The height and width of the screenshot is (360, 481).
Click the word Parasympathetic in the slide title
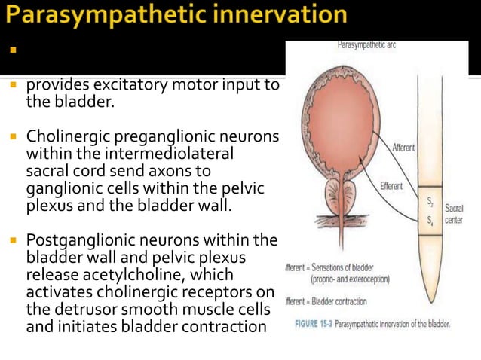click(106, 15)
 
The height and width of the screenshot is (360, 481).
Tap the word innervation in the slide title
click(279, 15)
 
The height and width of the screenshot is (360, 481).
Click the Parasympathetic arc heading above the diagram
click(366, 45)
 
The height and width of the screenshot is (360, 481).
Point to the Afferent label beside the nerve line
click(403, 148)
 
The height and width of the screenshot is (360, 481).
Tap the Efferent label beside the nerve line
click(391, 185)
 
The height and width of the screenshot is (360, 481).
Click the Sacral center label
click(455, 213)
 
